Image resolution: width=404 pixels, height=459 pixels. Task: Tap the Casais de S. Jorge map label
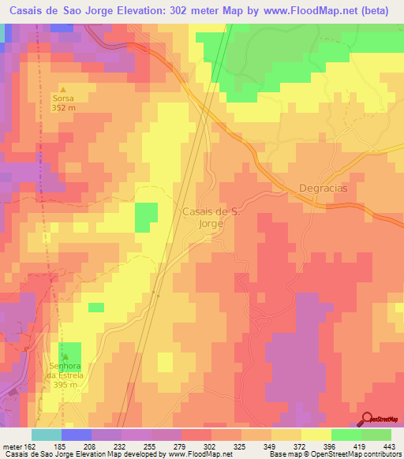pyautogui.click(x=210, y=217)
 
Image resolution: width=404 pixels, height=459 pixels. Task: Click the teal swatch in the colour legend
pyautogui.click(x=47, y=435)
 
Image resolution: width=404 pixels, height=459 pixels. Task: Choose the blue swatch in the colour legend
pyautogui.click(x=77, y=435)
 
